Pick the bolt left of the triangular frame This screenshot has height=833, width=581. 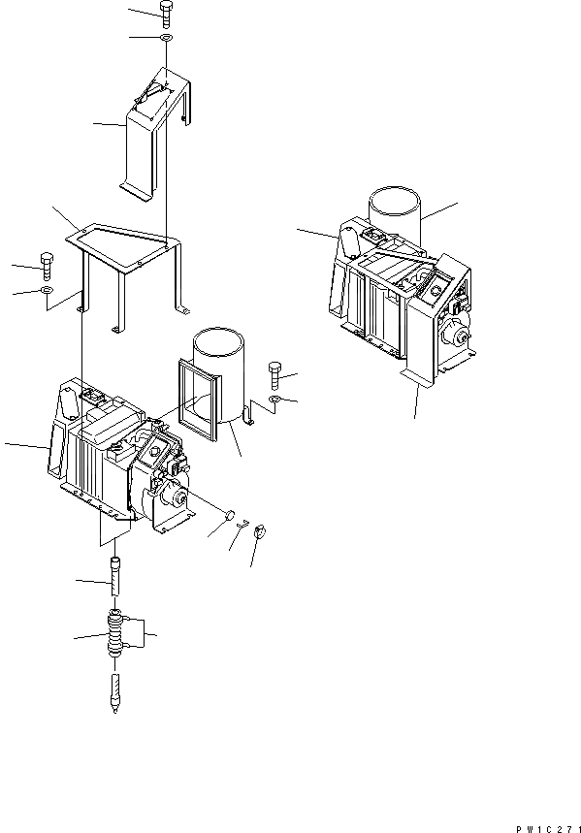coord(47,263)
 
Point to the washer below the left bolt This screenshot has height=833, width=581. coord(47,290)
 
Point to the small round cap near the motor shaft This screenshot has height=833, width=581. coord(231,517)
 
